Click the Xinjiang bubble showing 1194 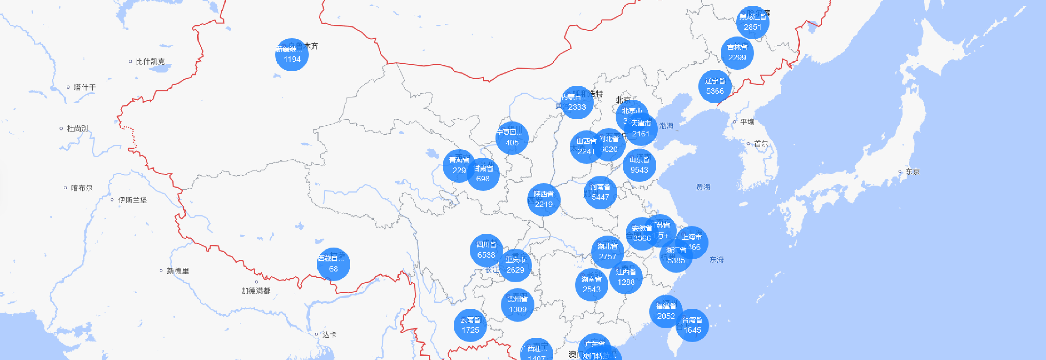[291, 54]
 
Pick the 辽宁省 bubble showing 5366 [715, 86]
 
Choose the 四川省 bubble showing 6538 [486, 250]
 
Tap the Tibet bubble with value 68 [333, 264]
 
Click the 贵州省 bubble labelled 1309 [517, 305]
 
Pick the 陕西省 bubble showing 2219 [543, 200]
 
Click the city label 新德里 [177, 271]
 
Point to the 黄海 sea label [703, 187]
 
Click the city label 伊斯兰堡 [132, 200]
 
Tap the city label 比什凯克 [150, 61]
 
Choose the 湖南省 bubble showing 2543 [591, 285]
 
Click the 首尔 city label [761, 144]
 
